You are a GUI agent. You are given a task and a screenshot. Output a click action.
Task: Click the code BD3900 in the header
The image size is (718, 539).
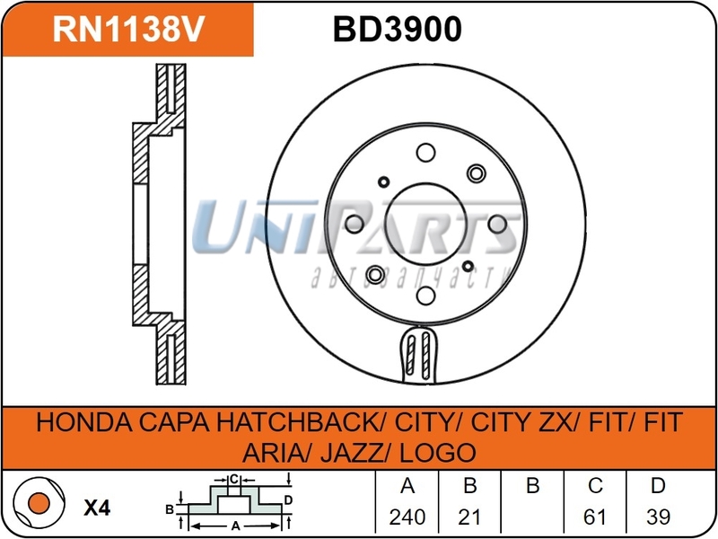tap(397, 31)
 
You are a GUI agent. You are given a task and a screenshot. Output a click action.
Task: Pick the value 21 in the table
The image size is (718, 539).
tap(469, 517)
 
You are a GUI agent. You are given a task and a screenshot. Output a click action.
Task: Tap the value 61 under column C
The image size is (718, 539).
tap(595, 517)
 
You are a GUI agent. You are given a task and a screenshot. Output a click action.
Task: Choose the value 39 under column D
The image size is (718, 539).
tap(658, 517)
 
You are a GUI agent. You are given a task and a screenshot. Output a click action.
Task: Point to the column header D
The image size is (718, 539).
tap(658, 488)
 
